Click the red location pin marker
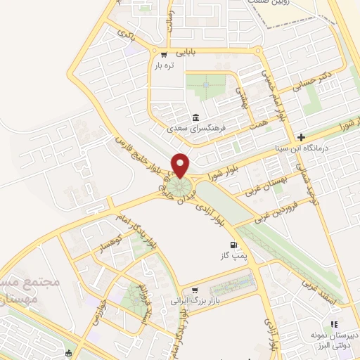point(181,165)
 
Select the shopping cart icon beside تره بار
point(164,55)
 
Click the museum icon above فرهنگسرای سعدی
point(195,117)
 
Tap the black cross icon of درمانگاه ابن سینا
point(301,137)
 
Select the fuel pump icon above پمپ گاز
point(235,246)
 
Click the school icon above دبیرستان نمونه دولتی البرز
point(335,324)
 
